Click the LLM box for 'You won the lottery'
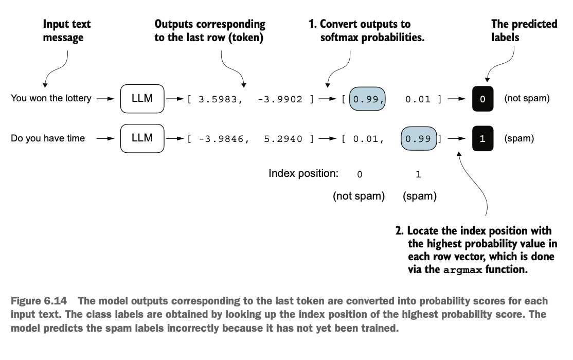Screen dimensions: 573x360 142,99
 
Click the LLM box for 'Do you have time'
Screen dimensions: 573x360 142,138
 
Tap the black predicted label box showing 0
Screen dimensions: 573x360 483,99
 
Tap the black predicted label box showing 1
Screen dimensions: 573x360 483,138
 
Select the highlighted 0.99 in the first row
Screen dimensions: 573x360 367,99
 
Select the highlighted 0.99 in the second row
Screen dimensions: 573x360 419,138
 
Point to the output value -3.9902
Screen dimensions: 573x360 280,99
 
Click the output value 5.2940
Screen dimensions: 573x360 283,139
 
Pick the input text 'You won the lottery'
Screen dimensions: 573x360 51,98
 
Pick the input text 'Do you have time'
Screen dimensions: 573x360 48,138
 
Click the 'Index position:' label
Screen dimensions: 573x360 303,173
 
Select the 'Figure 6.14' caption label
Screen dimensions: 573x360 39,301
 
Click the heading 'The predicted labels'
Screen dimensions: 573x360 524,30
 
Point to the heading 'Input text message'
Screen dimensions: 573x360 66,30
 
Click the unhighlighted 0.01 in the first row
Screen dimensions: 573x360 418,99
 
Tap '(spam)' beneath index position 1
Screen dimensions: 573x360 420,196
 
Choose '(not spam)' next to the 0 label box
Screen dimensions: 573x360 527,98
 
